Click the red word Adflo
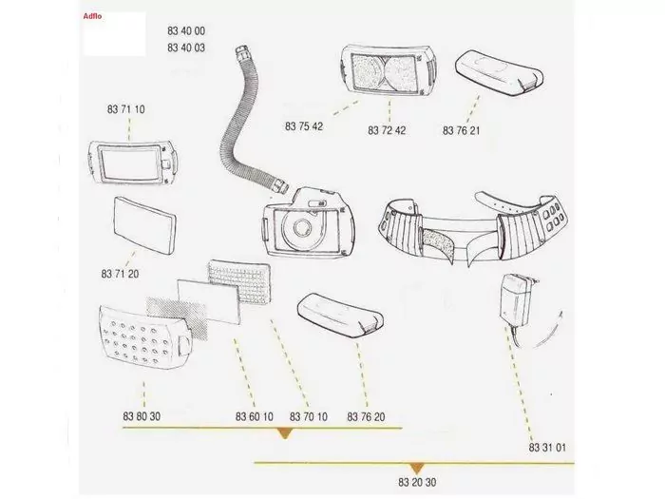92,16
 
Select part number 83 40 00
186,31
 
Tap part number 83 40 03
186,48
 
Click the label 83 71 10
126,109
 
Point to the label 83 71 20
120,274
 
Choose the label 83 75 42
304,126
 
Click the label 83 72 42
387,130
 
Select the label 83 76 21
462,130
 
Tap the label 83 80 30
142,416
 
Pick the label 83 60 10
255,416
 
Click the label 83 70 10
309,416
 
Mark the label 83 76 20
366,416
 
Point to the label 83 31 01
547,448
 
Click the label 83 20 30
417,482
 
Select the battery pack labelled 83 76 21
500,71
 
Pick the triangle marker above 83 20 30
417,468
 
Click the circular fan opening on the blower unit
303,228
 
